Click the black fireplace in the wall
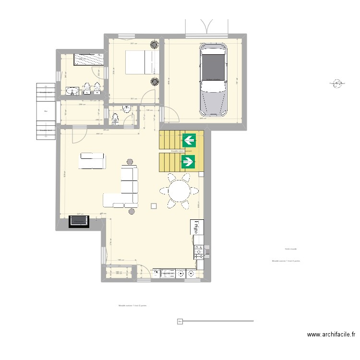click(x=79, y=221)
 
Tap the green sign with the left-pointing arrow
click(x=189, y=140)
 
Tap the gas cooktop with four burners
click(x=198, y=251)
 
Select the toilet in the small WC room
click(x=114, y=118)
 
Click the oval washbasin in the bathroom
click(x=72, y=91)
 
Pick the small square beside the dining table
click(x=154, y=206)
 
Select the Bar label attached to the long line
click(x=180, y=321)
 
